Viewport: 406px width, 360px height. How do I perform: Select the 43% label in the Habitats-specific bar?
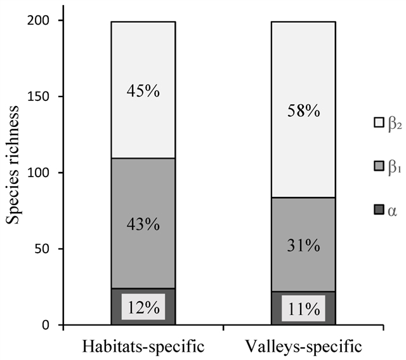click(x=143, y=224)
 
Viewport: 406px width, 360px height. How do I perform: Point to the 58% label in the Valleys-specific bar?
click(x=303, y=110)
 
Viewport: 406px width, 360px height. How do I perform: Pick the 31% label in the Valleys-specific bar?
click(x=303, y=245)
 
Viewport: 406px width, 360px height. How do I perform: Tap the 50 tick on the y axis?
click(x=47, y=250)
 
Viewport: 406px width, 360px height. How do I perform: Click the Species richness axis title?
click(x=14, y=173)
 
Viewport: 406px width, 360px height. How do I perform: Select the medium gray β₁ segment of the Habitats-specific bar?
click(x=143, y=190)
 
